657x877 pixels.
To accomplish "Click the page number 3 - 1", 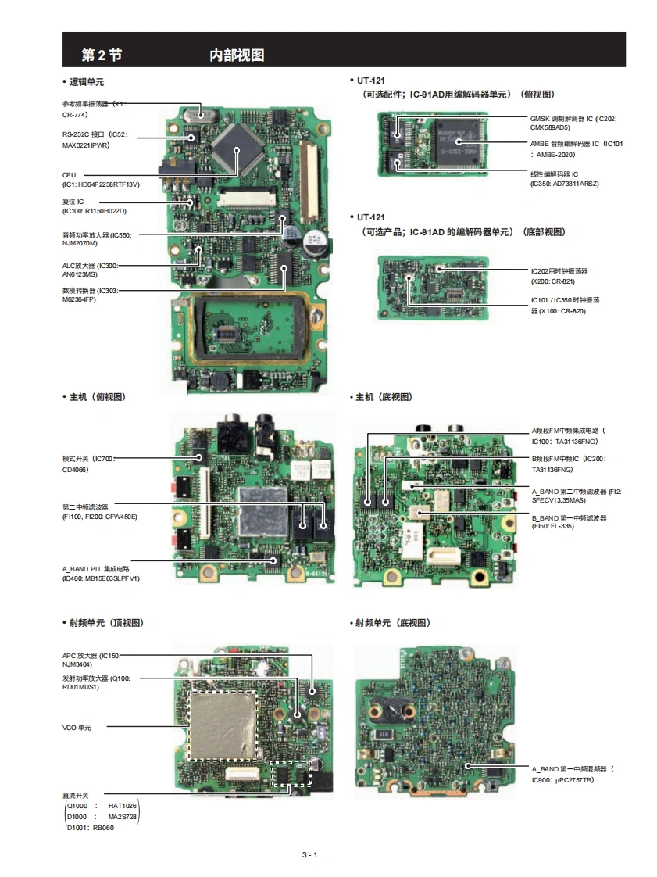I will pyautogui.click(x=310, y=854).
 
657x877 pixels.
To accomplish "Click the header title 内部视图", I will pyautogui.click(x=237, y=55).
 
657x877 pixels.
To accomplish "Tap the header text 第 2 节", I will pyautogui.click(x=102, y=55).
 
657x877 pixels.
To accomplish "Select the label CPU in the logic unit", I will pyautogui.click(x=70, y=175).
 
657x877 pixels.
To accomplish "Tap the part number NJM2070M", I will pyautogui.click(x=80, y=244).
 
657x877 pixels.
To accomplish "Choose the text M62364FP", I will pyautogui.click(x=79, y=299).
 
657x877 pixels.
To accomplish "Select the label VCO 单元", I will pyautogui.click(x=77, y=727).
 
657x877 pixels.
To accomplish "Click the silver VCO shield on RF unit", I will pyautogui.click(x=224, y=725).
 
